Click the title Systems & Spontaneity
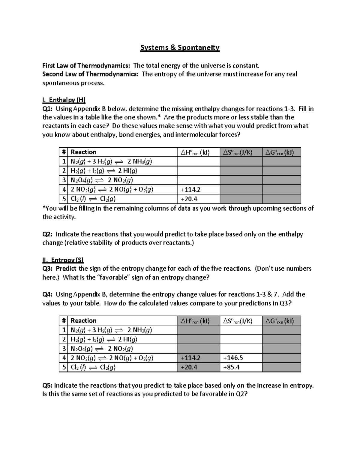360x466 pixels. pyautogui.click(x=180, y=48)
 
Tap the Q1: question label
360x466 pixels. pyautogui.click(x=48, y=109)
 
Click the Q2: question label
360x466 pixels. pyautogui.click(x=48, y=234)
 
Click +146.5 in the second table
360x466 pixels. pyautogui.click(x=233, y=358)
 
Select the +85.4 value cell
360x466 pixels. pyautogui.click(x=231, y=367)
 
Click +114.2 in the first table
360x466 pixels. pyautogui.click(x=190, y=190)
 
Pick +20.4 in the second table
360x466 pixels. pyautogui.click(x=189, y=367)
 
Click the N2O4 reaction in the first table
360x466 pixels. pyautogui.click(x=101, y=180)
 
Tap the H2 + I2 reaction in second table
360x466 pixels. pyautogui.click(x=104, y=339)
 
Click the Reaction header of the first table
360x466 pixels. pyautogui.click(x=83, y=152)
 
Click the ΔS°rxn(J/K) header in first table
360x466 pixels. pyautogui.click(x=238, y=152)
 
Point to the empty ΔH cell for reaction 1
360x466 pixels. pyautogui.click(x=199, y=162)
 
